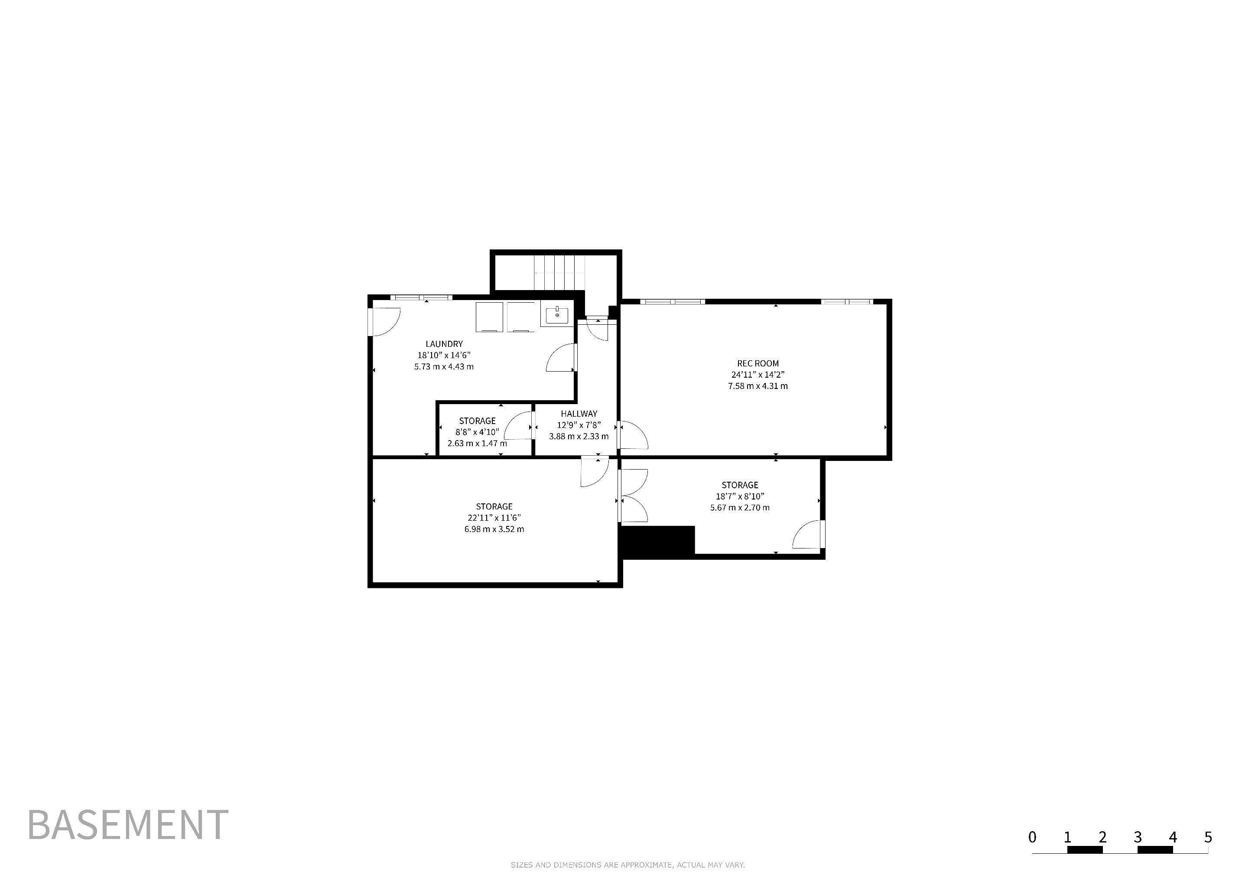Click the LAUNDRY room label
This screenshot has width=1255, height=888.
pos(444,344)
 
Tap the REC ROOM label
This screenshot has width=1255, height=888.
pos(758,363)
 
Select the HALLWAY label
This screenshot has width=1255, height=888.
pos(579,414)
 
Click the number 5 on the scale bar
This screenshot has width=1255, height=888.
pos(1208,837)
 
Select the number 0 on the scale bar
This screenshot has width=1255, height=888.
pos(1032,837)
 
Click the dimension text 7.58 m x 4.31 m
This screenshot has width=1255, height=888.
pos(758,386)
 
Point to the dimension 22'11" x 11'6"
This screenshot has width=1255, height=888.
pos(494,518)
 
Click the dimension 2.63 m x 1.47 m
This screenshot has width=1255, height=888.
pos(477,444)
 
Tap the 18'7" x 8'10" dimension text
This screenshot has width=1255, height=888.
pos(740,496)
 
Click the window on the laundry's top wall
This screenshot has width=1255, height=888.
pos(421,297)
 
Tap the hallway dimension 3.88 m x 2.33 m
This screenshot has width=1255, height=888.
pos(579,436)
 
